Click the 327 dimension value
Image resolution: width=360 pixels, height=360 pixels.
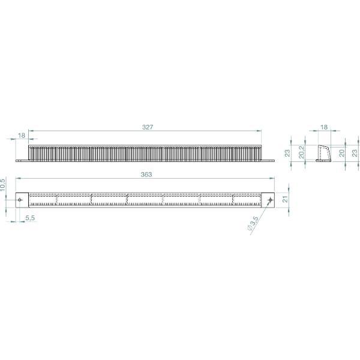148,127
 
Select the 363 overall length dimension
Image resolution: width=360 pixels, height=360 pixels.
146,175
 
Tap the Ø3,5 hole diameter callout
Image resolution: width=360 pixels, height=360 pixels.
253,223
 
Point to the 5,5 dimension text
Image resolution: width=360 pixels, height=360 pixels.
30,218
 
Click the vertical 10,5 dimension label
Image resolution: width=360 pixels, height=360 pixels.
2,185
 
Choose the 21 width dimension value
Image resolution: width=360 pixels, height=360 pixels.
285,199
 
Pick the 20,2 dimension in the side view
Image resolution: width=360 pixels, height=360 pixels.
301,152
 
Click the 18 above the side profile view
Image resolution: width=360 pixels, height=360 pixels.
324,127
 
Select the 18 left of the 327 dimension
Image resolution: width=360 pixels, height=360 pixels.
22,136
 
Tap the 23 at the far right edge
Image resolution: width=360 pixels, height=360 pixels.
355,153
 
